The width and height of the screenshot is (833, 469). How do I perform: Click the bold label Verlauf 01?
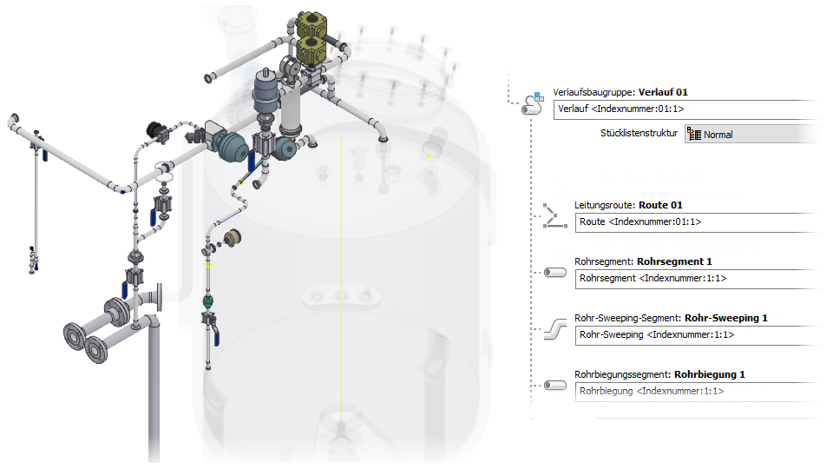[x=663, y=92]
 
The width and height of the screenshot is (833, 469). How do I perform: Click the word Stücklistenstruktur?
[x=640, y=133]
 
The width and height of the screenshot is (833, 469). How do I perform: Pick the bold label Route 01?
[x=660, y=205]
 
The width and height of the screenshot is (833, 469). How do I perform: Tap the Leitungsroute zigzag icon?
[x=554, y=216]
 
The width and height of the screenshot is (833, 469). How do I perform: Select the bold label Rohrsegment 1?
[x=674, y=261]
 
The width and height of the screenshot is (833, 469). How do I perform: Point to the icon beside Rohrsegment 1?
[x=555, y=273]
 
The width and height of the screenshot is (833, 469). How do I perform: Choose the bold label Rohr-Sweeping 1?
[x=725, y=318]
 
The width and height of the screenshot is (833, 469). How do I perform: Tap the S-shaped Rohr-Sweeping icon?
[x=555, y=329]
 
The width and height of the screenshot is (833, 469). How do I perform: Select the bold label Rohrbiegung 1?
[x=709, y=374]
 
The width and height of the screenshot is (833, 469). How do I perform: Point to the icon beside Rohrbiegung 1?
[x=555, y=386]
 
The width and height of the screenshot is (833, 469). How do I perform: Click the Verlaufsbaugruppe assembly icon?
[x=533, y=103]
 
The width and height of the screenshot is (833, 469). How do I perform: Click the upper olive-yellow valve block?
[x=312, y=24]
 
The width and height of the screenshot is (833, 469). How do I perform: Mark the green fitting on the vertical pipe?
[x=208, y=302]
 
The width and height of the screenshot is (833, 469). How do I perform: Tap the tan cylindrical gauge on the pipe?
[x=233, y=238]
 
